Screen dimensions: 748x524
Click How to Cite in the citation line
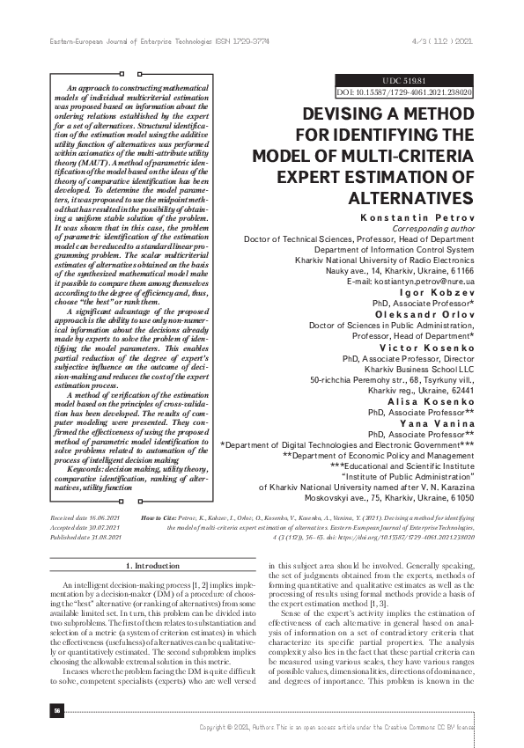coord(161,519)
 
